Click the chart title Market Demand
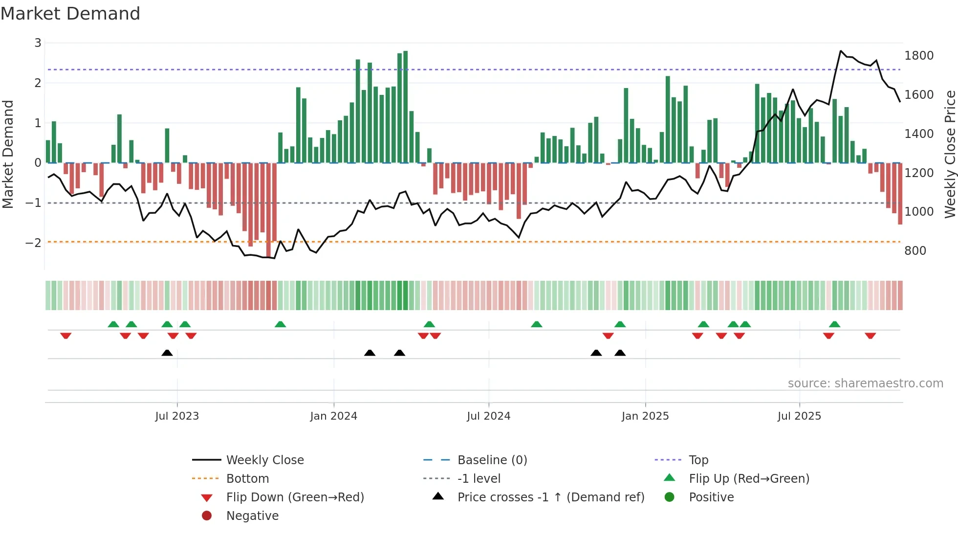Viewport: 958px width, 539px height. pos(70,14)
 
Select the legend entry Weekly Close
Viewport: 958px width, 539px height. pos(264,460)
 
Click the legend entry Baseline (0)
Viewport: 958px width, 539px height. pos(492,460)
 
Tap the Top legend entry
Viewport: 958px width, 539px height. pos(698,460)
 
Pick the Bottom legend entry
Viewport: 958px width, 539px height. pos(247,478)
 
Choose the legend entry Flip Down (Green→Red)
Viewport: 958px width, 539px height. pos(295,497)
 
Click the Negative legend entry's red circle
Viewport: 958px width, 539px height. pos(207,516)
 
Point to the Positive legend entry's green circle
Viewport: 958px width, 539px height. pos(670,497)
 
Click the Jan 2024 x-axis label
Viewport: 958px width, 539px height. pos(333,416)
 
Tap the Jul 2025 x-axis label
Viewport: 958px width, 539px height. pos(799,416)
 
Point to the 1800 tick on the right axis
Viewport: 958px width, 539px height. pos(918,56)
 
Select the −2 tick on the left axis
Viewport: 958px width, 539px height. pos(33,243)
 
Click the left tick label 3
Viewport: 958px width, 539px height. pos(38,43)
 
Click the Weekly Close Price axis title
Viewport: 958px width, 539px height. pos(950,154)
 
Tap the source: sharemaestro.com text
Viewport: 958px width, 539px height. pos(865,383)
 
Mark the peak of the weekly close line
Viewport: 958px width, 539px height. pos(841,51)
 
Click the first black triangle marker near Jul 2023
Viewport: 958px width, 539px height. pos(167,353)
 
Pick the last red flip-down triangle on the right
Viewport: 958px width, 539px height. pos(870,336)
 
